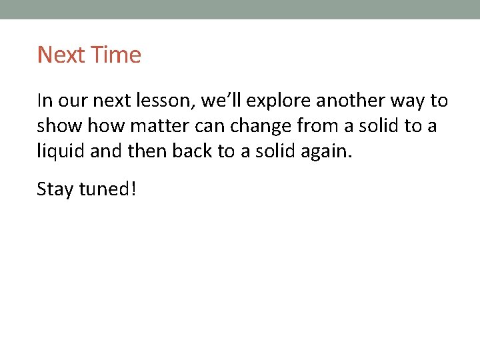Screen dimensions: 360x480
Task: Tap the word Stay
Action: (x=55, y=189)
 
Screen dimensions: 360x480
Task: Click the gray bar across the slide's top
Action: (x=240, y=9)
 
